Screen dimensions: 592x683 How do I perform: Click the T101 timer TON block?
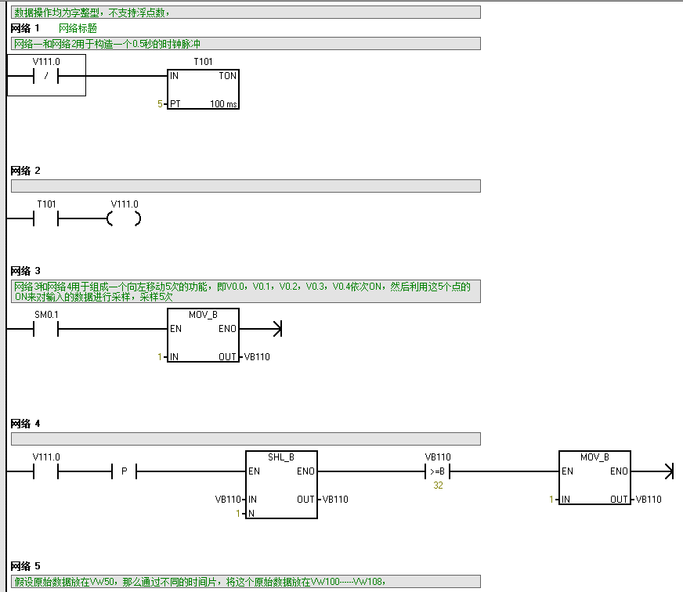pyautogui.click(x=203, y=89)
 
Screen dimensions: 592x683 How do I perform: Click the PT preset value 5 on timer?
pyautogui.click(x=161, y=103)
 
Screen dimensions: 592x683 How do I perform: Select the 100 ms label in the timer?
pyautogui.click(x=223, y=104)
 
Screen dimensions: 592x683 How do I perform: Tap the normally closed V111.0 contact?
pyautogui.click(x=46, y=76)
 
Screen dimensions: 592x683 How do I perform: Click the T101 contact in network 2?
pyautogui.click(x=46, y=219)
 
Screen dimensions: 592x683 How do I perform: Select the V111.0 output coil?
pyautogui.click(x=124, y=219)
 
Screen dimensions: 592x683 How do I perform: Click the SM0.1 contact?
pyautogui.click(x=46, y=330)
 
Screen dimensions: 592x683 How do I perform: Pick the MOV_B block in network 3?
pyautogui.click(x=203, y=335)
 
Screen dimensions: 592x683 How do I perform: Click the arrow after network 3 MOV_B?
pyautogui.click(x=274, y=330)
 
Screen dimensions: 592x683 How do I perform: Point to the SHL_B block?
pyautogui.click(x=281, y=484)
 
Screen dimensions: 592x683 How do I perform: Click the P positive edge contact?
pyautogui.click(x=124, y=471)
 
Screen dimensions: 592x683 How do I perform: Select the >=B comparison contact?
pyautogui.click(x=437, y=471)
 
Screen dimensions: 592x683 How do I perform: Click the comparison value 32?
pyautogui.click(x=438, y=486)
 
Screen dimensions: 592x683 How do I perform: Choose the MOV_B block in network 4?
pyautogui.click(x=594, y=478)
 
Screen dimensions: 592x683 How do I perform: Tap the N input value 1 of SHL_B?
pyautogui.click(x=239, y=513)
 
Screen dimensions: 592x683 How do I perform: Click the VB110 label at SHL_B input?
pyautogui.click(x=228, y=499)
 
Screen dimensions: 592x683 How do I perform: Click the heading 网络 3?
pyautogui.click(x=26, y=271)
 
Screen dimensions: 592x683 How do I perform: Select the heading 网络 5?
pyautogui.click(x=26, y=565)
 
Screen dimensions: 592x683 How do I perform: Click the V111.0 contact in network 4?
pyautogui.click(x=46, y=471)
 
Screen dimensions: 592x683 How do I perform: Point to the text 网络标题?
pyautogui.click(x=78, y=27)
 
